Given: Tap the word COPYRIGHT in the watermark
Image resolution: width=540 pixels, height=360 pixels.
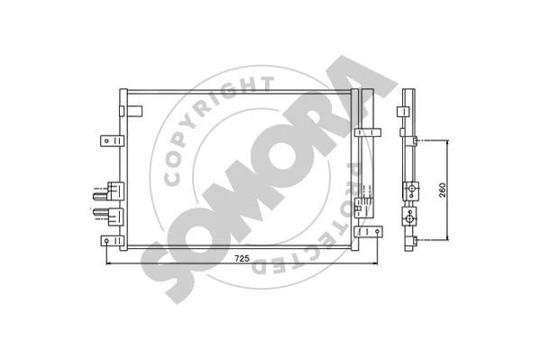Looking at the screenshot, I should click(x=212, y=125).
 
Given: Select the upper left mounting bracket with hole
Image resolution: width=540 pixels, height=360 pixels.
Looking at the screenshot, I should click(x=109, y=141).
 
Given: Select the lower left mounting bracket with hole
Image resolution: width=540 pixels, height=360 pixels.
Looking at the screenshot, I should click(x=109, y=241).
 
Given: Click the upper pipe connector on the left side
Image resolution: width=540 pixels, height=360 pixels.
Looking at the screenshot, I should click(x=113, y=190).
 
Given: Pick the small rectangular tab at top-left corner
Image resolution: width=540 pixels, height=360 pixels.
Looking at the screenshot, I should click(x=135, y=112).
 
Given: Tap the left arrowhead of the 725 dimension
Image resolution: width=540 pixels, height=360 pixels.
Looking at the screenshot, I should click(x=109, y=265).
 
